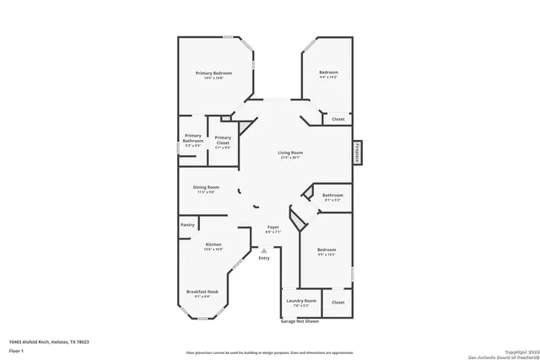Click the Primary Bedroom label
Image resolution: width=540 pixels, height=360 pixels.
tap(213, 73)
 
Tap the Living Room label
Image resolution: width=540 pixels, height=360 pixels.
tap(291, 153)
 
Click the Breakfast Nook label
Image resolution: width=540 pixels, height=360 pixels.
tap(202, 292)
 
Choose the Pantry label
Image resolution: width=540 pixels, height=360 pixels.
tap(187, 225)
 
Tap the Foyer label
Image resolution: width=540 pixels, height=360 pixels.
tap(273, 228)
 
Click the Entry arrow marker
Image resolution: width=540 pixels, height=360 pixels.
tap(263, 250)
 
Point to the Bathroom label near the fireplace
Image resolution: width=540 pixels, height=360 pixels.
tap(332, 196)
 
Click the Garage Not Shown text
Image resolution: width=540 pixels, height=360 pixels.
tap(300, 321)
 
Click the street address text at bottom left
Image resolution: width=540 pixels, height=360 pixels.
tap(49, 341)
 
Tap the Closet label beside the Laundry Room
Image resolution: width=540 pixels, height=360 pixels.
tap(338, 301)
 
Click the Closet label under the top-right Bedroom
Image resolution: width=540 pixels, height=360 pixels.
tap(337, 119)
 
